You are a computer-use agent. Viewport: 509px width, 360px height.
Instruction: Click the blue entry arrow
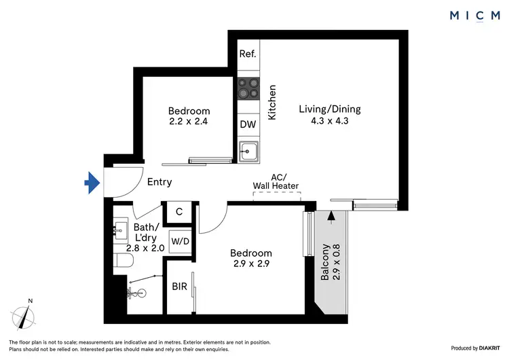92,181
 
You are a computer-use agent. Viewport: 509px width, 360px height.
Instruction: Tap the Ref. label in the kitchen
248,54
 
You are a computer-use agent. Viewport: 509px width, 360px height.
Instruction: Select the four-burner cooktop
248,88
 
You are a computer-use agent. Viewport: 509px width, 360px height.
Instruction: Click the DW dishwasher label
248,124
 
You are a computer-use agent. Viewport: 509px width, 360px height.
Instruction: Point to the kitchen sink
248,150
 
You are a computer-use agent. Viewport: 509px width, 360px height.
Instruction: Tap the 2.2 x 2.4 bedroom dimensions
189,123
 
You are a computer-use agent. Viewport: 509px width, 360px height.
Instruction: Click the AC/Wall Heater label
276,181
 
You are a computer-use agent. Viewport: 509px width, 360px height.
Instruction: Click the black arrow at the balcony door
331,217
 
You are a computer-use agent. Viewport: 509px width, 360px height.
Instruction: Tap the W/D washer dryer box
180,241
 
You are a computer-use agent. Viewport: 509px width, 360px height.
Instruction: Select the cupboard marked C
179,212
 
